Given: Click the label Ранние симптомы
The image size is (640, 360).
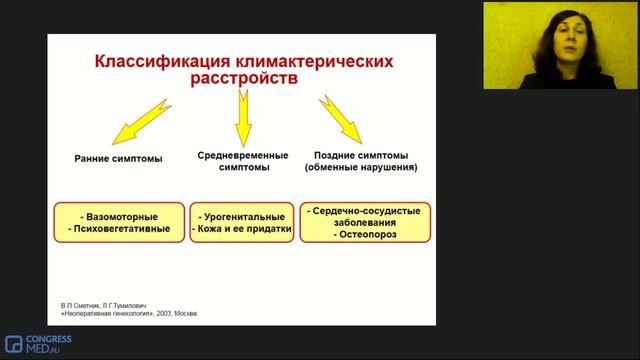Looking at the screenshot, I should [119, 158].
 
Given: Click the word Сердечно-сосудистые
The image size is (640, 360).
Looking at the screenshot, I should [365, 212].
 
